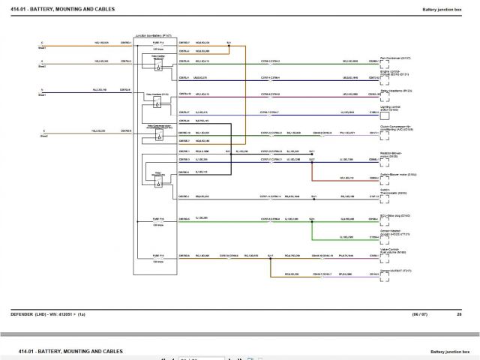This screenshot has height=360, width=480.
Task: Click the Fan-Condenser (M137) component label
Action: [395, 57]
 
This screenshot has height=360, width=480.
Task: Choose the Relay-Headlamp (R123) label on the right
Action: [396, 90]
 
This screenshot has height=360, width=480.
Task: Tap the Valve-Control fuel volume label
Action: [394, 251]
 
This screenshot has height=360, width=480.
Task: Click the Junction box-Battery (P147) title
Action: [152, 35]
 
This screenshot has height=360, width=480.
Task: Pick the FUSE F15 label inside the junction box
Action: [159, 256]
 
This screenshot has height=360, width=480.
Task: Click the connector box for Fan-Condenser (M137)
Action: [384, 62]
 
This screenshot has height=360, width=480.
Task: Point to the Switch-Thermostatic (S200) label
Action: [393, 191]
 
